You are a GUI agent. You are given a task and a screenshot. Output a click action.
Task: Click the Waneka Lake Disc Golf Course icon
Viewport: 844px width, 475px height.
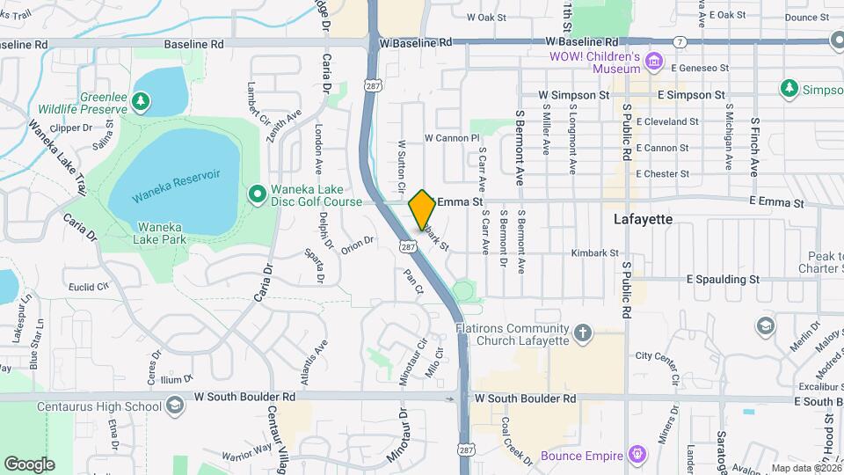[257, 193]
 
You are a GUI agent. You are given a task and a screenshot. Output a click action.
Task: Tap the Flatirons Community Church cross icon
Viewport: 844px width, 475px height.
[582, 332]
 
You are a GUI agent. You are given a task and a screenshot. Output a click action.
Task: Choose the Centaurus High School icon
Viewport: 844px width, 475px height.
[174, 406]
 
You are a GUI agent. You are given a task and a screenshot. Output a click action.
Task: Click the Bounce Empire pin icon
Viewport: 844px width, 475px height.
[637, 455]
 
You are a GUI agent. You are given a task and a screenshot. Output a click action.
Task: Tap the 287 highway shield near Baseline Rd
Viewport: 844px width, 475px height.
[372, 84]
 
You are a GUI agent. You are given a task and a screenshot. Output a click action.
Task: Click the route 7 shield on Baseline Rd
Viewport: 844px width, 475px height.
[680, 41]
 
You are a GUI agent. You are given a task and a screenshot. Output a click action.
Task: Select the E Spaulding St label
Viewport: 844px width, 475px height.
[723, 279]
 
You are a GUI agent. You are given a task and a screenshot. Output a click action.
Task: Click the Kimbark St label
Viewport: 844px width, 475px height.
[596, 252]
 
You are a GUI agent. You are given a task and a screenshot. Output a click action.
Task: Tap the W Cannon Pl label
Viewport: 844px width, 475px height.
[451, 138]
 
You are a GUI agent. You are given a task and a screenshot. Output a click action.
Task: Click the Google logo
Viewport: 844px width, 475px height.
[29, 464]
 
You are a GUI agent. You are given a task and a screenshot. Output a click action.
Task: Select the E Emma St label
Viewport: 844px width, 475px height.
[777, 202]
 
